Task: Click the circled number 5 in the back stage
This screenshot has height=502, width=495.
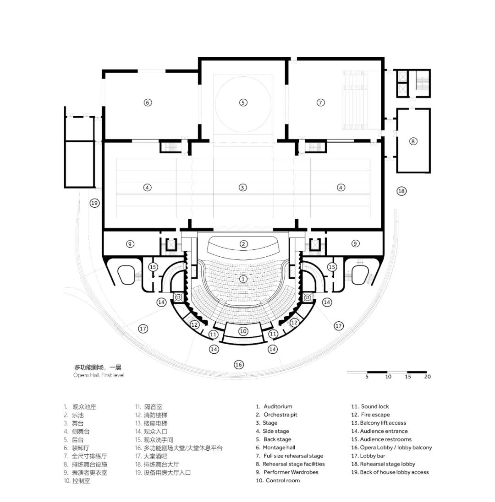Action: point(243,103)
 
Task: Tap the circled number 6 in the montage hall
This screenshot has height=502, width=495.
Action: point(148,103)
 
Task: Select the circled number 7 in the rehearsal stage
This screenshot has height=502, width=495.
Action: point(321,103)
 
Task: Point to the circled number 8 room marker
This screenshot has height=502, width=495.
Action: point(413,141)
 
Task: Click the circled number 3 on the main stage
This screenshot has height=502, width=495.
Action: point(243,187)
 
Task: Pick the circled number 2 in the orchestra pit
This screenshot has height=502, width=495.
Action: point(243,244)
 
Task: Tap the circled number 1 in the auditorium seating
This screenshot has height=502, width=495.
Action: point(243,279)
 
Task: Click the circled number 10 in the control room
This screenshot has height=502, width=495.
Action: point(243,331)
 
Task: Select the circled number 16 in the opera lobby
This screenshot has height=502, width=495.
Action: point(238,365)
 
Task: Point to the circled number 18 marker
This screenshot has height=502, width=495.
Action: point(401,191)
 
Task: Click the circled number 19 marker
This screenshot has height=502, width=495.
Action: point(94,203)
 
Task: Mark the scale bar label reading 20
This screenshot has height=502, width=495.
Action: point(427,377)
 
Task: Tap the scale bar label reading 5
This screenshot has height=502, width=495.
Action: point(367,377)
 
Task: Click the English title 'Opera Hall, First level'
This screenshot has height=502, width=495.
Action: point(99,375)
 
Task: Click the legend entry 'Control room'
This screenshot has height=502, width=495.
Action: point(278,480)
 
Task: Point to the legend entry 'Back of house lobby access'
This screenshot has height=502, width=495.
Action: point(390,472)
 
